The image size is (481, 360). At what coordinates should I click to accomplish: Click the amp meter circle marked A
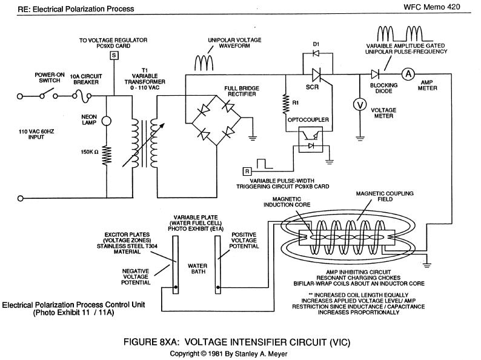click(408, 74)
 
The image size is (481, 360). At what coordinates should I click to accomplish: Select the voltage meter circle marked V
click(360, 105)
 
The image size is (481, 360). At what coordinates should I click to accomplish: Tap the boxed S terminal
click(114, 56)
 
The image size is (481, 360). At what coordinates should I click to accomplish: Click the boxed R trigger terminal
click(247, 172)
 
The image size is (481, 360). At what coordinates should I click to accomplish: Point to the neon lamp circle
click(106, 121)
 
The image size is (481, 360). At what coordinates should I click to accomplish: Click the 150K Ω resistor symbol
click(107, 155)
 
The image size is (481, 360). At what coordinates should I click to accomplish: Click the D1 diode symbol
click(316, 53)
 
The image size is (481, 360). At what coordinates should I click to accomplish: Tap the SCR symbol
click(316, 75)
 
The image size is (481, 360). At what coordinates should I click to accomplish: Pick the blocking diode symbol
click(375, 74)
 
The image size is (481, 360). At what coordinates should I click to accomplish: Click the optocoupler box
click(311, 139)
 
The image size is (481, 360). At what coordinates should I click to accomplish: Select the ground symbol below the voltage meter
click(360, 138)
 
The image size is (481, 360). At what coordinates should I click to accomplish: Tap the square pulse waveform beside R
click(264, 164)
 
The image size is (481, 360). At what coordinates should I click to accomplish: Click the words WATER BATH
click(197, 268)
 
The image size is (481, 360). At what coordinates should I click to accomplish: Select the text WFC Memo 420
click(431, 7)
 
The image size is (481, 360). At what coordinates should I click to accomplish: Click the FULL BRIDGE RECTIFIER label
click(242, 91)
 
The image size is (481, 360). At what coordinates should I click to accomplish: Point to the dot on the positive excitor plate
click(218, 287)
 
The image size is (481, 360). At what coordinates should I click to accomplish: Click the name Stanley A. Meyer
click(261, 353)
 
